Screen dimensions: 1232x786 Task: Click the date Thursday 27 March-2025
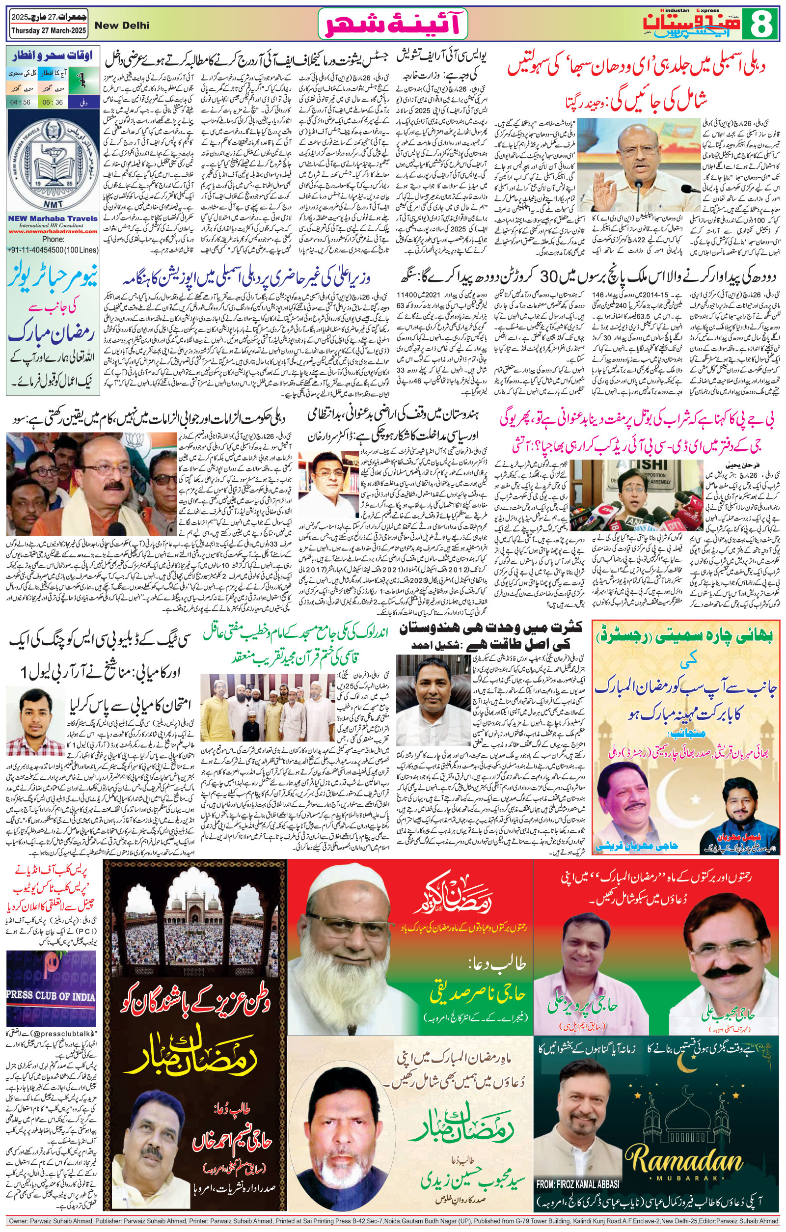(48, 31)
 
